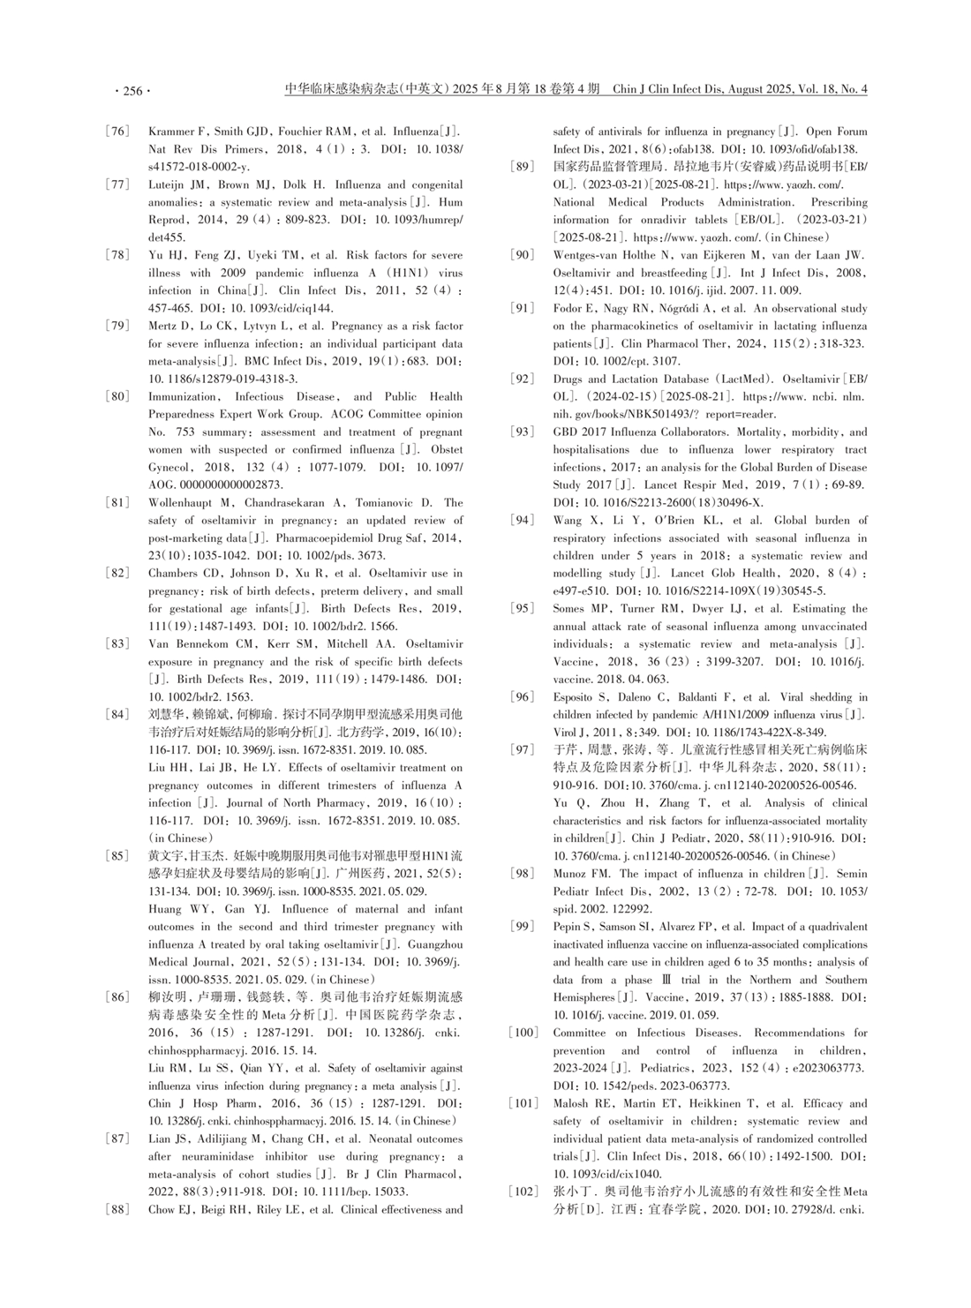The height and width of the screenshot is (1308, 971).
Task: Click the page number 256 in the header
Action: click(x=132, y=90)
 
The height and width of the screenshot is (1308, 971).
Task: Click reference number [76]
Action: click(x=117, y=132)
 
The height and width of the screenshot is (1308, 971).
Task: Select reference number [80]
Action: click(x=117, y=396)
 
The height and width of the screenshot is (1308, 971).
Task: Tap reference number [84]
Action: click(x=117, y=714)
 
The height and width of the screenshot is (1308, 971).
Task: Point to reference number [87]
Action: click(x=117, y=1139)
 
